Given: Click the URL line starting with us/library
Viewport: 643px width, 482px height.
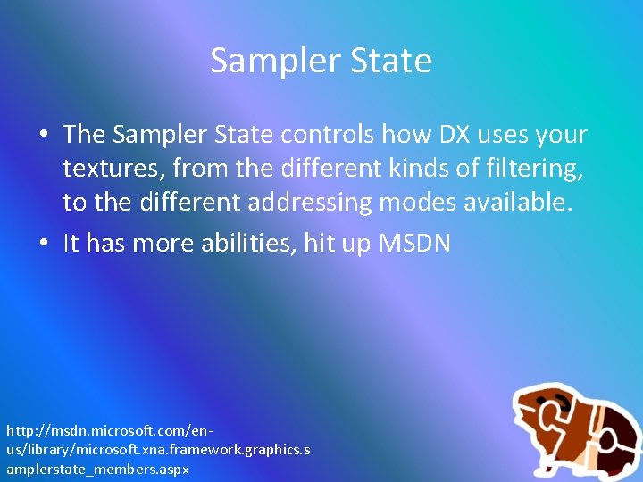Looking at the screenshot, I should click(158, 450).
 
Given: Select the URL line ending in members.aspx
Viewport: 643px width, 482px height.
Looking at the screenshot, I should click(97, 468).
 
